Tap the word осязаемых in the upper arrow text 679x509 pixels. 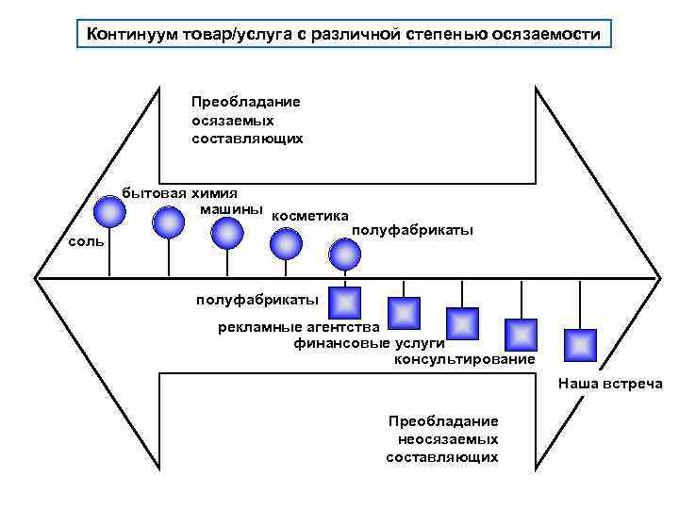[x=233, y=120]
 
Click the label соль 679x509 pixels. [x=88, y=242]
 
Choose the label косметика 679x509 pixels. [x=309, y=216]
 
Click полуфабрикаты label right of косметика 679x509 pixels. [x=411, y=230]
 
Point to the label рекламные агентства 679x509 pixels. [x=298, y=327]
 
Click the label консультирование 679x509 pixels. [x=463, y=359]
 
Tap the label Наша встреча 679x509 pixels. [x=609, y=384]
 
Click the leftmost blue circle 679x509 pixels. [x=110, y=212]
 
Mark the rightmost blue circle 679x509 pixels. [x=345, y=254]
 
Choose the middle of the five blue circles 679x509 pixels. [x=226, y=233]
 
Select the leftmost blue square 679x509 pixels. [x=346, y=303]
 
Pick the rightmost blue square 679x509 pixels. [x=578, y=344]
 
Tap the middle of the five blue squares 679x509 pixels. [x=462, y=323]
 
